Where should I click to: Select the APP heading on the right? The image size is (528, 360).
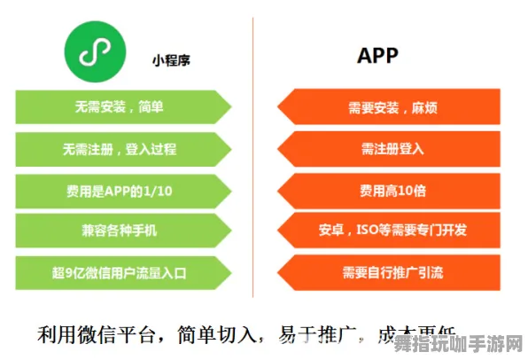click(377, 56)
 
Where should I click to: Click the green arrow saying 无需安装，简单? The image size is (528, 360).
click(124, 108)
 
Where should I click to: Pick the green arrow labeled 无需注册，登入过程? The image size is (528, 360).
click(124, 148)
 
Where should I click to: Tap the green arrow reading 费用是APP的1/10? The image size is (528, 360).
click(124, 189)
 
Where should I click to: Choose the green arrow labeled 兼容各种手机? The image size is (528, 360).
click(124, 229)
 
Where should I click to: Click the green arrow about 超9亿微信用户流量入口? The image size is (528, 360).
click(124, 270)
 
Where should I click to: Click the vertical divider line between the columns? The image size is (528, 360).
click(253, 160)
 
